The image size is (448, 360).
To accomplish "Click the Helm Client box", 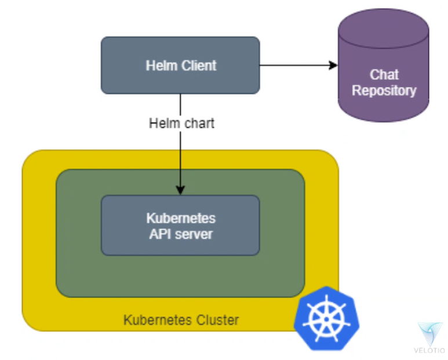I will [180, 65].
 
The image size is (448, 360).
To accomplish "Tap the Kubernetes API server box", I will [180, 226].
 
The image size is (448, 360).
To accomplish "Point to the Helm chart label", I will [181, 123].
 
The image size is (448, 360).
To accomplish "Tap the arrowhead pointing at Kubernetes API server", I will [180, 190].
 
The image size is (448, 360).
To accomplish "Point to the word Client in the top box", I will [199, 65].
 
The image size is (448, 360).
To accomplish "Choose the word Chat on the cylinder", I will [384, 75].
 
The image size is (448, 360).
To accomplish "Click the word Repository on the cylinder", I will [384, 90].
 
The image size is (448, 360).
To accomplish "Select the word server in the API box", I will [194, 234].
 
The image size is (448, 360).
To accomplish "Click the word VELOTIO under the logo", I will [429, 350].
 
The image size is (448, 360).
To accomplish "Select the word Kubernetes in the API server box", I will [180, 219].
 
